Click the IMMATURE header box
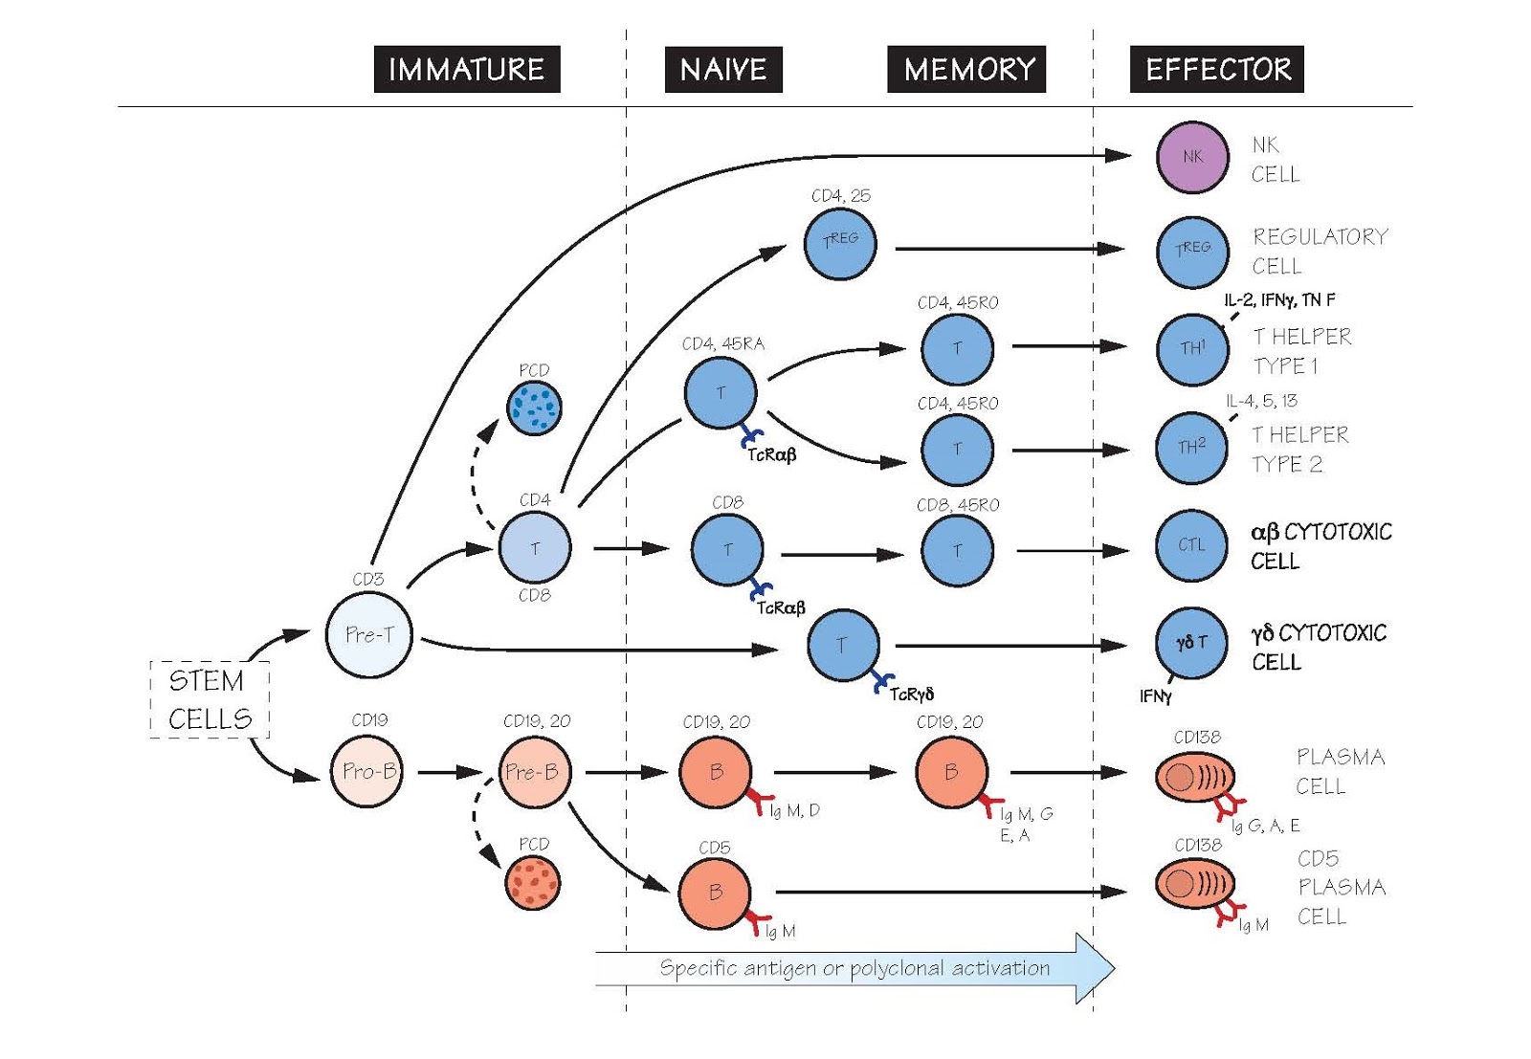coord(466,69)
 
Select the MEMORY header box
coord(966,69)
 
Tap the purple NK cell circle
coord(1191,157)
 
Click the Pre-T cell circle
coord(368,634)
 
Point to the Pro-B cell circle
coord(367,771)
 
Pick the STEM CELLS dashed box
coord(210,699)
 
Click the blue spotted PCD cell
coord(534,408)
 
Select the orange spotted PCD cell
coord(533,882)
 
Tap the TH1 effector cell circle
coord(1191,349)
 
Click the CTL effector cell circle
coord(1191,545)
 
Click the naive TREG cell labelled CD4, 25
coord(839,244)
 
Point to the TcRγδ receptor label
coord(911,695)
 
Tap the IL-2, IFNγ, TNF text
coord(1279,300)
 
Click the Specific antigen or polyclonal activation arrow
coord(854,968)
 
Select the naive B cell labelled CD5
coord(715,893)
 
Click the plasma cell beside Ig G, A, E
coord(1193,778)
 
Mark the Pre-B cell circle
coord(534,771)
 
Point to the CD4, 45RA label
coord(722,344)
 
